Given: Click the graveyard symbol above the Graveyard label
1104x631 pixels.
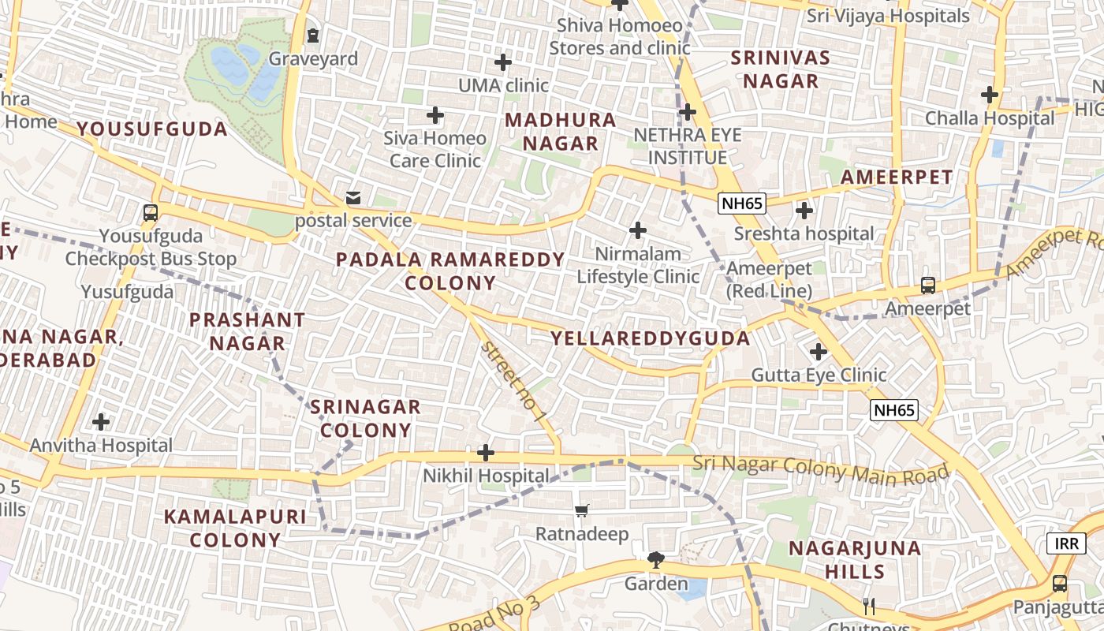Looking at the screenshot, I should [x=313, y=35].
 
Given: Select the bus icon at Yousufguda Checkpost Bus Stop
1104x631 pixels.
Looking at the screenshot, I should [x=150, y=212].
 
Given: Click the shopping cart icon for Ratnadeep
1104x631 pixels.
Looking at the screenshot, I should [x=582, y=510].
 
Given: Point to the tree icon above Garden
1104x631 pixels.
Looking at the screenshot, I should [x=655, y=560].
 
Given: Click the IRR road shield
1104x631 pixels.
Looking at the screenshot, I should [x=1066, y=543].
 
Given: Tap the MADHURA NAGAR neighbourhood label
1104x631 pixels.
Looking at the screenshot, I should [x=561, y=132].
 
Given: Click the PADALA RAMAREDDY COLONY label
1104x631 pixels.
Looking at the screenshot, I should [x=450, y=271].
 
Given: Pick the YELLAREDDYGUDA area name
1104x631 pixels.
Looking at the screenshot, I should [x=651, y=338].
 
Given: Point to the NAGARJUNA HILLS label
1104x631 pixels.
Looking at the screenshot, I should [x=855, y=559].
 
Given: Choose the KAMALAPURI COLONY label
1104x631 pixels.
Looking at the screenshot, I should [x=235, y=528].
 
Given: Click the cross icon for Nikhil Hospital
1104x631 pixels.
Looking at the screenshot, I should [x=486, y=453].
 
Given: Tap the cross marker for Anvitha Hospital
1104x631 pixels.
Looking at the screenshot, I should [x=101, y=422].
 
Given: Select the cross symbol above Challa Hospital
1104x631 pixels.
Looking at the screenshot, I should [x=990, y=95].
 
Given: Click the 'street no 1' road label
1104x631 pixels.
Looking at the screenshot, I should [x=513, y=382].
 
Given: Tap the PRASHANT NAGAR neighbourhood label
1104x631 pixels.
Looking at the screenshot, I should [x=247, y=331].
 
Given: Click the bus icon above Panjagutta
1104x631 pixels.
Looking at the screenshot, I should [x=1060, y=584].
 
